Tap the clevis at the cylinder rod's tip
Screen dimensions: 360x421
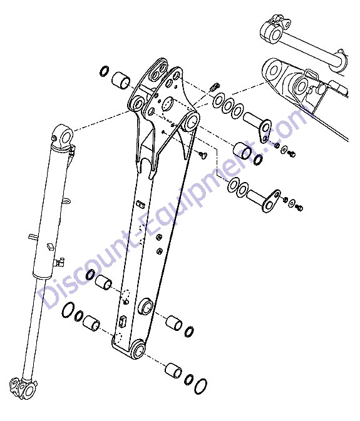(x=22, y=387)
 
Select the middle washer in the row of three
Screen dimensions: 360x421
(x=228, y=106)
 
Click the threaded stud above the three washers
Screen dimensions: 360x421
(x=215, y=87)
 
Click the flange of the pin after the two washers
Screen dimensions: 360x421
(x=272, y=201)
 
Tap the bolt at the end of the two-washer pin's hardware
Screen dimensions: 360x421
(x=299, y=208)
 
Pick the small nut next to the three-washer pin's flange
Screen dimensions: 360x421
(x=276, y=145)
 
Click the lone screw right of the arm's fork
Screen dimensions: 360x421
(x=202, y=155)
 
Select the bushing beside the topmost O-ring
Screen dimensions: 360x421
(x=121, y=80)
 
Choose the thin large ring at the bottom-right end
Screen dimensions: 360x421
(x=201, y=386)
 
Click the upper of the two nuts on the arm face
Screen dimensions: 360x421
(x=159, y=237)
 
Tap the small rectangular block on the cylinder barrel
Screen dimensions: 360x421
(x=51, y=246)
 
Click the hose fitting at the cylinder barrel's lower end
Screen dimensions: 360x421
(x=59, y=262)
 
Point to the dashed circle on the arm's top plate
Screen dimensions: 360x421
(x=168, y=104)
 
